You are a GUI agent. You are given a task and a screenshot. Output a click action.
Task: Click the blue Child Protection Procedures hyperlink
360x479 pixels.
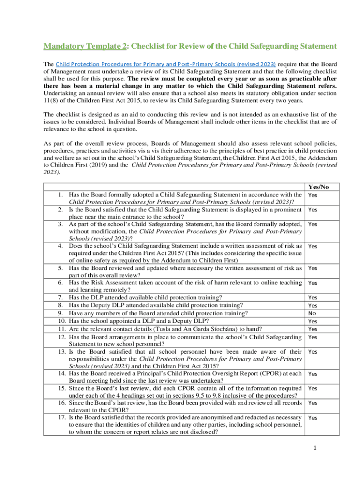pos(166,64)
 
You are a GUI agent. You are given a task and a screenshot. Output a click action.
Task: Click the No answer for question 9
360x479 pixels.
pos(312,313)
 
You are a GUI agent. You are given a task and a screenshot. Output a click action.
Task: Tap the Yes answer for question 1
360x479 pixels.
pos(313,195)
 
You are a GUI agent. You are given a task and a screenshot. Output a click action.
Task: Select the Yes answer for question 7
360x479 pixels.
pos(313,298)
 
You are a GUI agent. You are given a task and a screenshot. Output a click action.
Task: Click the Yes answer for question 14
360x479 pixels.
pos(313,374)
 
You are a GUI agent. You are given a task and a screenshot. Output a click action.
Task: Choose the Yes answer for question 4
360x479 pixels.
pos(313,247)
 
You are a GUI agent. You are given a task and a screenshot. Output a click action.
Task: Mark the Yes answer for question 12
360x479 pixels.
pos(313,337)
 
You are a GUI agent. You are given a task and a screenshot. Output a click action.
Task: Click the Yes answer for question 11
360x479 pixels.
pos(313,329)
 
